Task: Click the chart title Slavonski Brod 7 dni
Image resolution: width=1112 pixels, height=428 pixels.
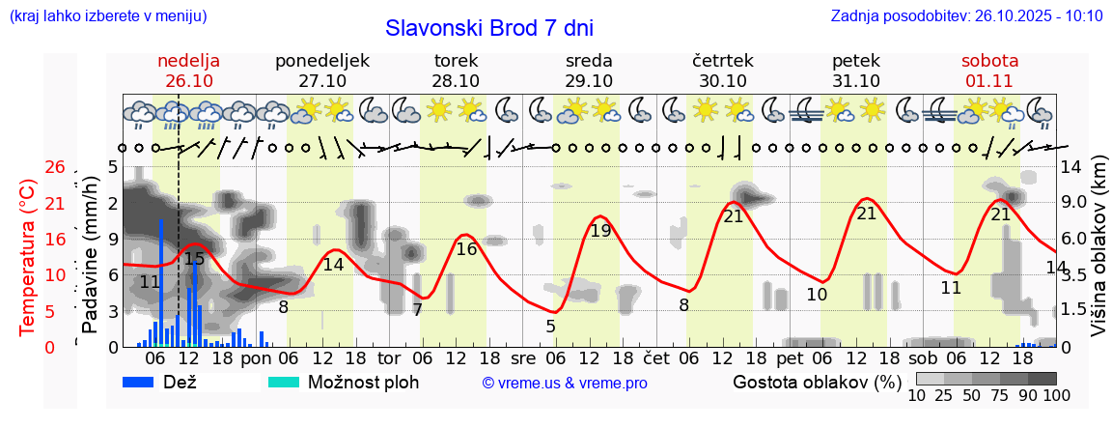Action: pyautogui.click(x=488, y=28)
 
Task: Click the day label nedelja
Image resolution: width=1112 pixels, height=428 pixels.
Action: pyautogui.click(x=189, y=61)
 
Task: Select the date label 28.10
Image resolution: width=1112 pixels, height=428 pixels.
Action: pyautogui.click(x=456, y=81)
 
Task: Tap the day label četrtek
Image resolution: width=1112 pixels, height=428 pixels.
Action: pyautogui.click(x=723, y=61)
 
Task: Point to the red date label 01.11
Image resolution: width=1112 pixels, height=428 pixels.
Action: pyautogui.click(x=989, y=81)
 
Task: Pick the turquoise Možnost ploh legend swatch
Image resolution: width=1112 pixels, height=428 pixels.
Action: pyautogui.click(x=285, y=382)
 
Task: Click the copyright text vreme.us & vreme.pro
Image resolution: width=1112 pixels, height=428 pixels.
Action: pyautogui.click(x=565, y=383)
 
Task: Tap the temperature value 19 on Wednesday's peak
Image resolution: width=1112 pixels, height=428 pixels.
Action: pyautogui.click(x=600, y=231)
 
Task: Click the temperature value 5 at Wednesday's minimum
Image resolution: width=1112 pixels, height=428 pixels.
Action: pyautogui.click(x=550, y=327)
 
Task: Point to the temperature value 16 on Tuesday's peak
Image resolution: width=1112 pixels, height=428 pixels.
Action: pyautogui.click(x=466, y=249)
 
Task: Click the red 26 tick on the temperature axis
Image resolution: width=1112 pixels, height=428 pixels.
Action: pyautogui.click(x=55, y=167)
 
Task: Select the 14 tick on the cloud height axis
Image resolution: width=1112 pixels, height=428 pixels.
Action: pyautogui.click(x=1070, y=167)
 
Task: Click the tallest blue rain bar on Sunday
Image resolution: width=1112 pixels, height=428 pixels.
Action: pyautogui.click(x=161, y=280)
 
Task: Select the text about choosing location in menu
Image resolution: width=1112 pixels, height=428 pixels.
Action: pyautogui.click(x=107, y=16)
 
